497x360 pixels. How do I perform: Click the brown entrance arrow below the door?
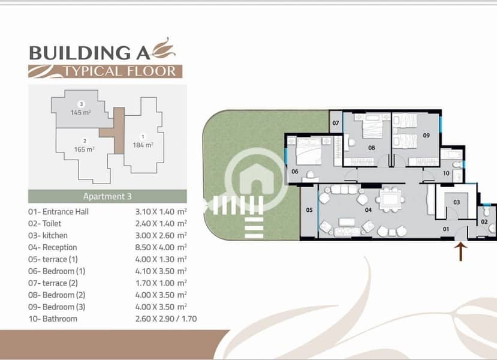[x=460, y=252]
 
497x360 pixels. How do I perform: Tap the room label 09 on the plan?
[x=426, y=136]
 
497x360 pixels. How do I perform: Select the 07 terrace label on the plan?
[x=336, y=123]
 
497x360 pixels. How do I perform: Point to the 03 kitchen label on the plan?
[x=456, y=202]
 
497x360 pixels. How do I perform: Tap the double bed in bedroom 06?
[x=308, y=151]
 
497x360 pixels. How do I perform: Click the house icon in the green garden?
[x=257, y=179]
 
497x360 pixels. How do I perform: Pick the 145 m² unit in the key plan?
[x=81, y=109]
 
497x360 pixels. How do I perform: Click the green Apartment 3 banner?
[x=107, y=196]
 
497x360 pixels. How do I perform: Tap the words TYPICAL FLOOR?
[x=120, y=71]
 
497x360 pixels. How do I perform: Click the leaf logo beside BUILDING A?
[x=164, y=49]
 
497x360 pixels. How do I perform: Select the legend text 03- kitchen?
[x=48, y=235]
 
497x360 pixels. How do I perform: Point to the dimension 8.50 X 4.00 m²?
[x=161, y=247]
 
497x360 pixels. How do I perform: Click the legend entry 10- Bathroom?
[x=53, y=319]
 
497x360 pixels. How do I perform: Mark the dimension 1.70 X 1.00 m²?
[x=161, y=283]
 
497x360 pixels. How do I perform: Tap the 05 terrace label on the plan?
[x=309, y=209]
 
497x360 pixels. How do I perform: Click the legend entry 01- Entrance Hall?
[x=58, y=212]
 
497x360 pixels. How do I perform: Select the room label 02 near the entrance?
[x=484, y=222]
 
